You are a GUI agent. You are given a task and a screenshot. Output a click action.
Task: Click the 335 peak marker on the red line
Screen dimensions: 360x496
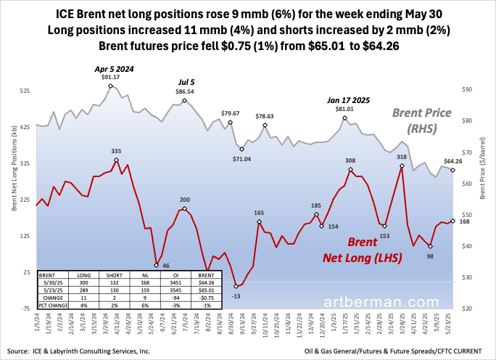[x=115, y=161]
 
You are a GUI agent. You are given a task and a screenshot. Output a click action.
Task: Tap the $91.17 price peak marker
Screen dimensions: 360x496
[x=110, y=86]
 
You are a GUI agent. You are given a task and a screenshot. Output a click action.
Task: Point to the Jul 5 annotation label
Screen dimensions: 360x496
[x=185, y=82]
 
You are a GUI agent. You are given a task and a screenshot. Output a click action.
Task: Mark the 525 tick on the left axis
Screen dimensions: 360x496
[x=25, y=91]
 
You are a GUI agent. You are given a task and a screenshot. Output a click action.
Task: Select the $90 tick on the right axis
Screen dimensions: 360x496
[x=468, y=89]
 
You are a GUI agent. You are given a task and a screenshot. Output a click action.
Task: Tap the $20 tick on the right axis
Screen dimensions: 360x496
[x=468, y=308]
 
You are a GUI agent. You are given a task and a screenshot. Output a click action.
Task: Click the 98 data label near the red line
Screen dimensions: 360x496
[x=430, y=256]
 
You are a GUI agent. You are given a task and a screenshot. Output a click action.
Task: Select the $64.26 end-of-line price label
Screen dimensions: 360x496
[x=454, y=160]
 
